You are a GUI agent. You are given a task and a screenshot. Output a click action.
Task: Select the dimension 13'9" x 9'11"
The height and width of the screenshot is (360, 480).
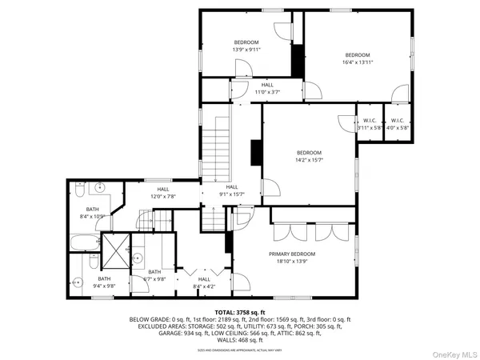point(246,49)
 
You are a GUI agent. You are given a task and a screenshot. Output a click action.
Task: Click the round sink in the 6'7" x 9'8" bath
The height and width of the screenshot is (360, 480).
point(138,258)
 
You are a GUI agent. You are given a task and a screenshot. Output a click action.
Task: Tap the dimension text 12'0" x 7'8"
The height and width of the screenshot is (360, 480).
point(162,196)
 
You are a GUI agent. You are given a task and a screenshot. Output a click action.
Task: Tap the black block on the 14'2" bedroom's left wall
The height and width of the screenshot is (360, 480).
point(256,152)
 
